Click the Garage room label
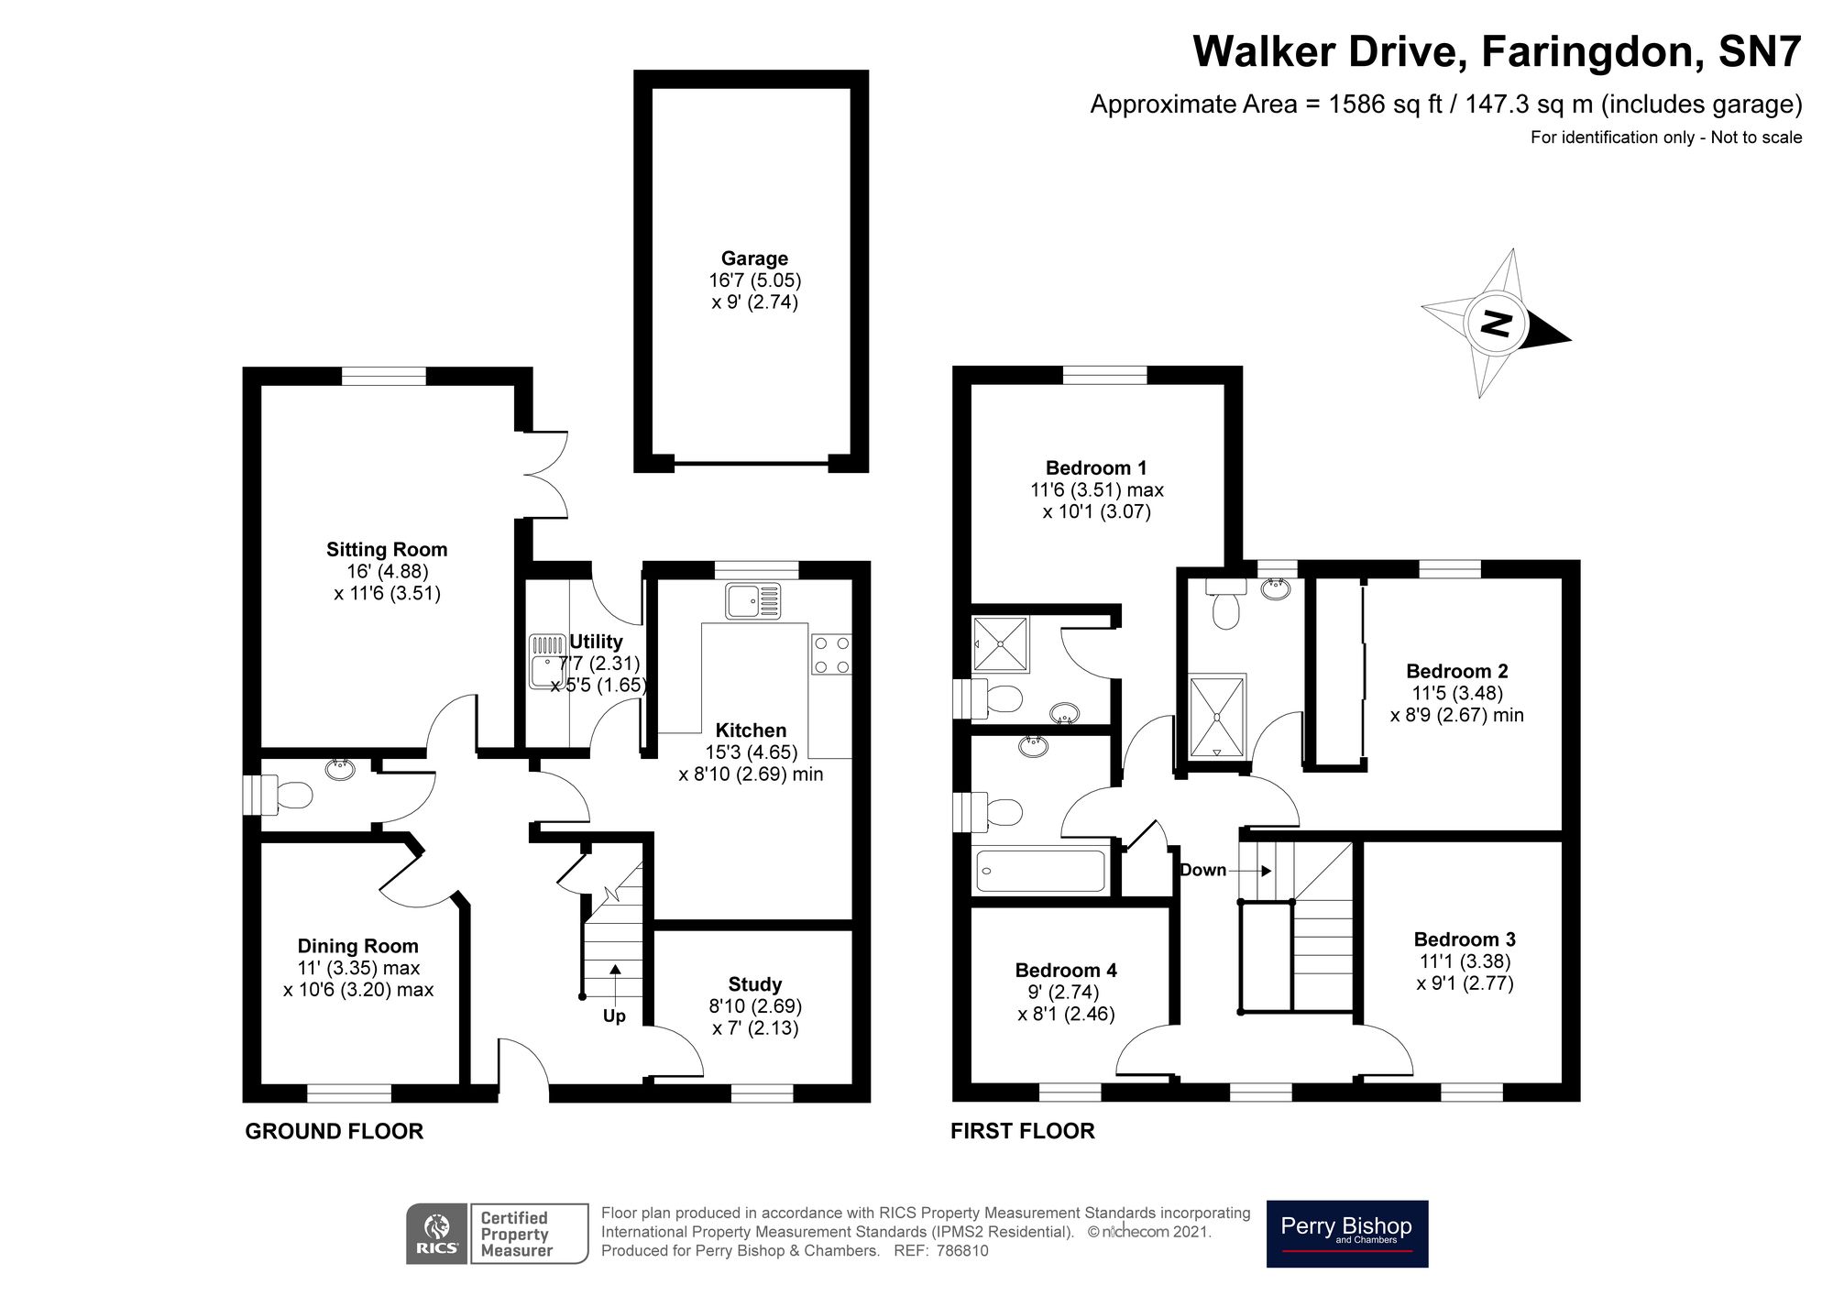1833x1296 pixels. click(754, 258)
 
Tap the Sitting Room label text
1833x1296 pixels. click(387, 550)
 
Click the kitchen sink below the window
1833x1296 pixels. click(752, 600)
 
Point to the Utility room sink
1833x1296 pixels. click(546, 663)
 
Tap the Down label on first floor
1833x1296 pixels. click(1202, 870)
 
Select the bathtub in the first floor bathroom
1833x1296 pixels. click(1040, 871)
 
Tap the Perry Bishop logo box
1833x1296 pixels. click(1346, 1234)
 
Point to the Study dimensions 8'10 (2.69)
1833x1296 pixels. click(755, 1006)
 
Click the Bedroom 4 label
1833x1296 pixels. click(1066, 971)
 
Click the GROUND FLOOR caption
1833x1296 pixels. click(334, 1131)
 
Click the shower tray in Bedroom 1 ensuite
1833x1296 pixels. click(1000, 643)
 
